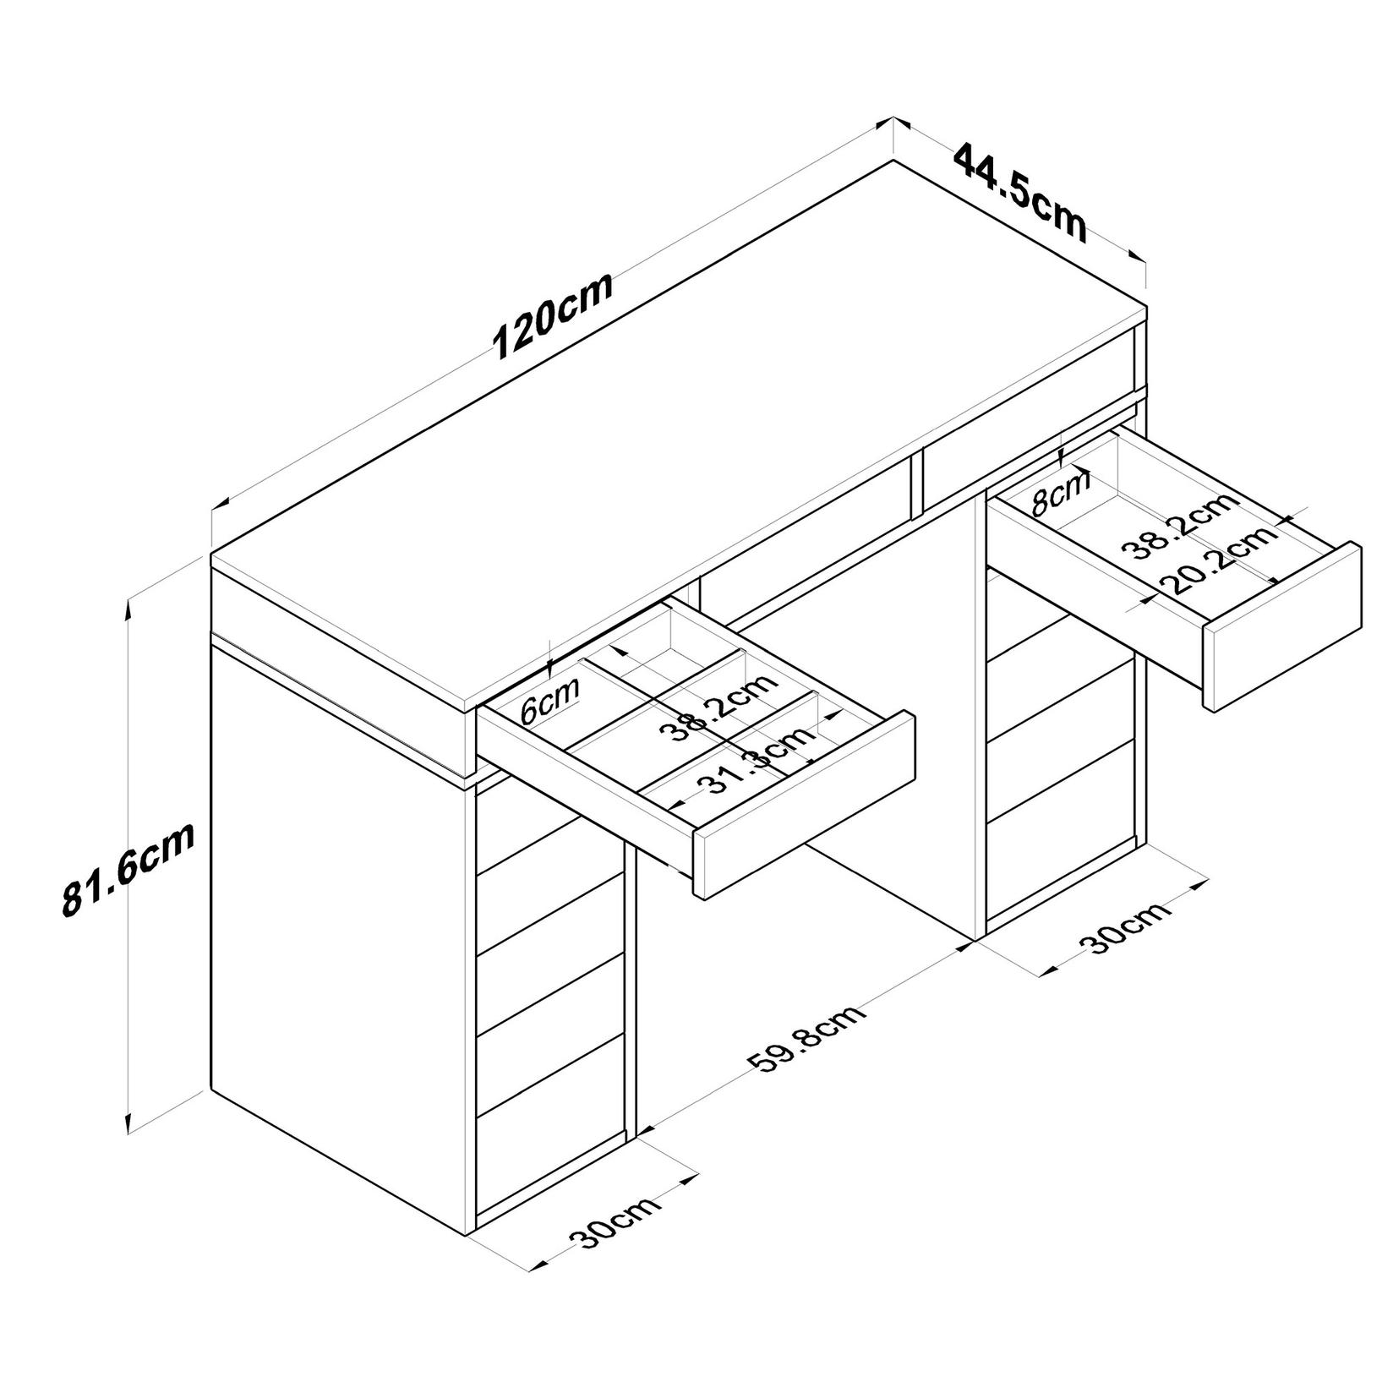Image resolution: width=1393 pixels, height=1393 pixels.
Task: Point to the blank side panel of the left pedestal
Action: click(x=338, y=972)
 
